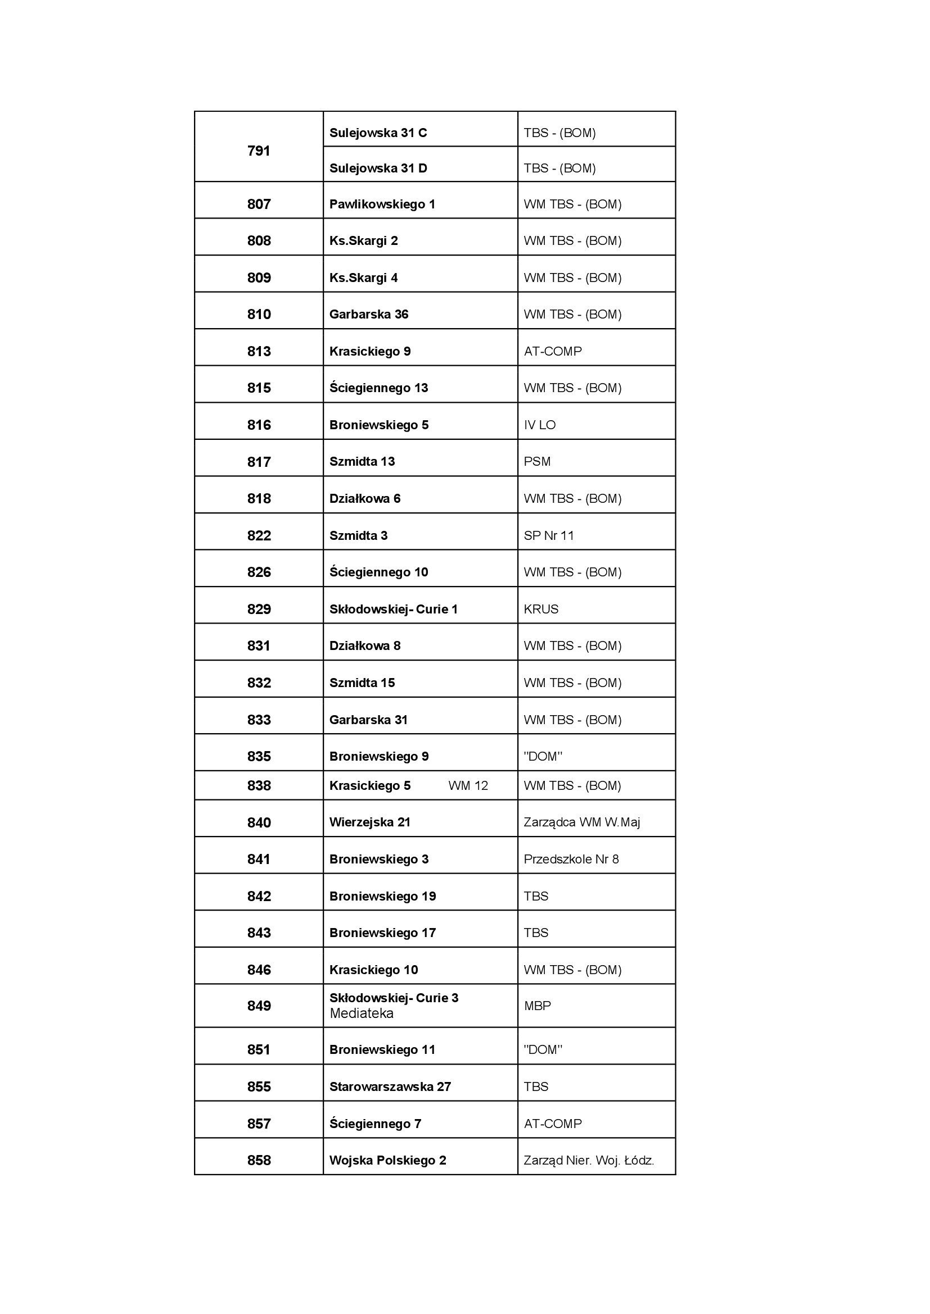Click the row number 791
[x=259, y=151]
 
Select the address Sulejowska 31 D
[x=378, y=169]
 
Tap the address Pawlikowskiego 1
[x=382, y=204]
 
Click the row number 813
[x=259, y=351]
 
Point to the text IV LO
[x=539, y=425]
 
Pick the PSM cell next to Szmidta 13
[x=537, y=461]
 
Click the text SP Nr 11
[x=549, y=536]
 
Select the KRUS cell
[x=540, y=609]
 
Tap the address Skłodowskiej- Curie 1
[x=394, y=609]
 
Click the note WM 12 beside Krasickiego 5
[x=468, y=786]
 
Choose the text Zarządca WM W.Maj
[x=582, y=822]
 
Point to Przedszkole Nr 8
[x=571, y=859]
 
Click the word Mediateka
[x=362, y=1013]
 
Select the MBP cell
[x=537, y=1006]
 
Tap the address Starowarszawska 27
[x=390, y=1087]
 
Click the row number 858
[x=259, y=1160]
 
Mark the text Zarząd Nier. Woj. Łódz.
[x=589, y=1160]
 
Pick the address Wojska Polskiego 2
[x=388, y=1160]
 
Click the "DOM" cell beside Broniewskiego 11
[x=543, y=1049]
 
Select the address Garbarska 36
[x=369, y=314]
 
